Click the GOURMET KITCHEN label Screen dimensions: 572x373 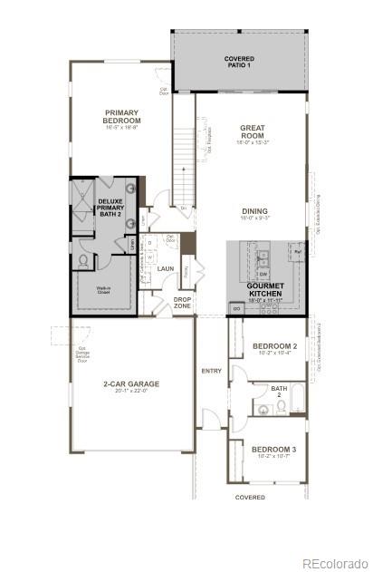(x=264, y=289)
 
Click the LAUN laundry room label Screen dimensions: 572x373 (x=166, y=268)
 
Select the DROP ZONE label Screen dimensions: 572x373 (x=183, y=302)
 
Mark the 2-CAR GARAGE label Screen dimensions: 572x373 (x=130, y=383)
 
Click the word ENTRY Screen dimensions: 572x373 (x=211, y=371)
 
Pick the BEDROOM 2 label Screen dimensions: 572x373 (x=273, y=346)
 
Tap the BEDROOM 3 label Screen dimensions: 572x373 (x=273, y=450)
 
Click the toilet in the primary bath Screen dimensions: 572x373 (x=82, y=260)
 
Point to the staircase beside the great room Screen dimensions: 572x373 (x=184, y=163)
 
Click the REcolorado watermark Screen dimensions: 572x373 (x=334, y=563)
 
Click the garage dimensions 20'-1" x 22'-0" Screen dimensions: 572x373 (x=130, y=392)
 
